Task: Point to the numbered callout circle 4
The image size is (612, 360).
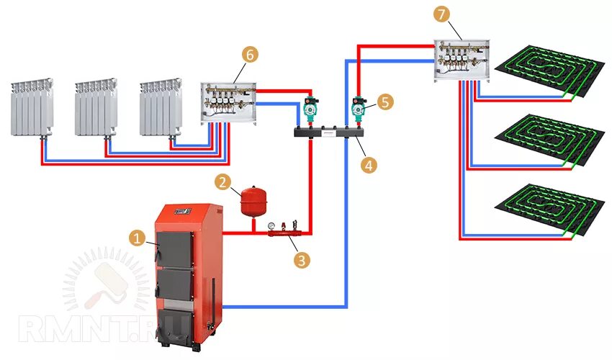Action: pyautogui.click(x=369, y=164)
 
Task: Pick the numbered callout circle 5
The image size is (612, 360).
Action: pyautogui.click(x=385, y=102)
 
